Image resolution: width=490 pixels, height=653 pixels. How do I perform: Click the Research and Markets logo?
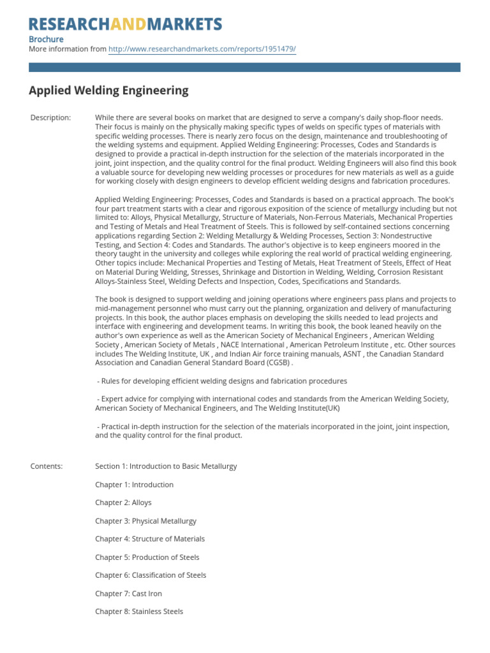(x=125, y=24)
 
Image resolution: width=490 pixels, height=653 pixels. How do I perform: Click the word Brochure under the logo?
(x=46, y=39)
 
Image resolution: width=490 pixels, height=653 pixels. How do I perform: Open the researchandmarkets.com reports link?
(x=202, y=49)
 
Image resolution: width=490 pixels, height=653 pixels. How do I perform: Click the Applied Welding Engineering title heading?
(x=108, y=90)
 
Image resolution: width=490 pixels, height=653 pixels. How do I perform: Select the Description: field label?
(x=51, y=118)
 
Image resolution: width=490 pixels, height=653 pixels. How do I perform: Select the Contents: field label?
(x=47, y=466)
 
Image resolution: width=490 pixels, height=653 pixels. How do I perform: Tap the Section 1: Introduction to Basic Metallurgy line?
(x=166, y=466)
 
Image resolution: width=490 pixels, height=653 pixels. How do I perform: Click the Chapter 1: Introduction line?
(x=134, y=485)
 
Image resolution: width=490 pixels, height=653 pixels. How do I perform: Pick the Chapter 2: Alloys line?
(x=123, y=503)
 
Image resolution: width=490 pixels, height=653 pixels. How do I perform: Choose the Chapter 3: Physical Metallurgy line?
(x=145, y=521)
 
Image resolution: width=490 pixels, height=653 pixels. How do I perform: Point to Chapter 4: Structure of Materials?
(x=150, y=539)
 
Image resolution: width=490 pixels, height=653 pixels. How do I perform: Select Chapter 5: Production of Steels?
(x=147, y=557)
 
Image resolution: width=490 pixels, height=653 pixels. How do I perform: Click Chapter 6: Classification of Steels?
(x=151, y=575)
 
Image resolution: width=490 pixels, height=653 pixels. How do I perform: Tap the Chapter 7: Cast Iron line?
(x=128, y=594)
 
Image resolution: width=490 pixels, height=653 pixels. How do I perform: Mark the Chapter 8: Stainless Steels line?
(x=139, y=612)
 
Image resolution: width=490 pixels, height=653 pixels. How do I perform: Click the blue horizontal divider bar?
(x=244, y=67)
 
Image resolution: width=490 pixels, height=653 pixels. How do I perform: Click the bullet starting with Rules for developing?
(x=222, y=381)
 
